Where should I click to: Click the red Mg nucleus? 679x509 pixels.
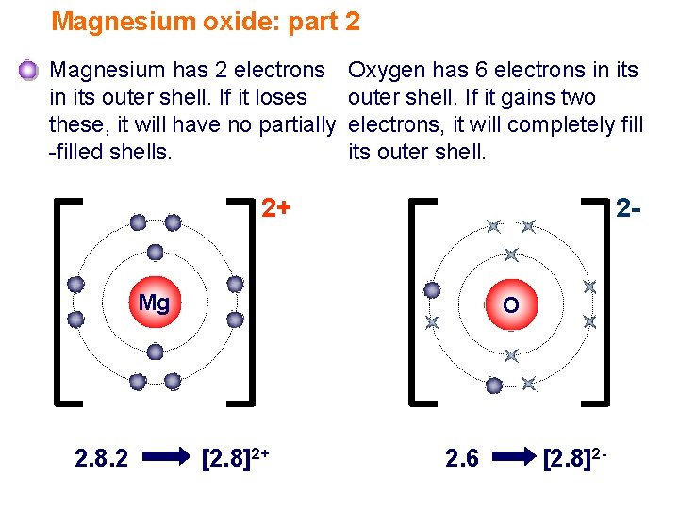click(x=154, y=303)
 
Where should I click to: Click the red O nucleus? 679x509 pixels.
click(x=510, y=304)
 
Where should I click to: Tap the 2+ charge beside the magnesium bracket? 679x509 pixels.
click(x=275, y=206)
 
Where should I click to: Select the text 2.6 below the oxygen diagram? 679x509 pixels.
click(x=461, y=459)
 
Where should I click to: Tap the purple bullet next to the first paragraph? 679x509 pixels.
click(x=28, y=71)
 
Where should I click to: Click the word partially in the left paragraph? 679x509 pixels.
click(x=289, y=124)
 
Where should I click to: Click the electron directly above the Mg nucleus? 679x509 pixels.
click(x=155, y=253)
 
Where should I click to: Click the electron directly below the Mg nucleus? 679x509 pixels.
click(x=155, y=352)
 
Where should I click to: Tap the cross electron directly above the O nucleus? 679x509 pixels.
click(x=510, y=254)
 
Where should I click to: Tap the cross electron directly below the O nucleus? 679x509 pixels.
click(x=510, y=355)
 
